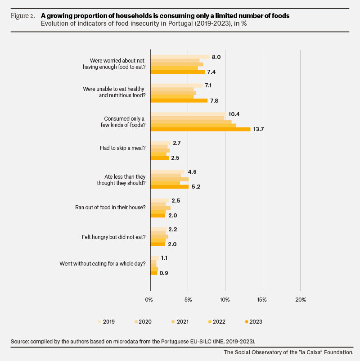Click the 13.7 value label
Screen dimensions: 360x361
point(258,129)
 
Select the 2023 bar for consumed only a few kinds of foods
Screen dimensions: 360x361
point(201,129)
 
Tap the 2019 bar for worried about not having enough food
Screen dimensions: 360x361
point(180,57)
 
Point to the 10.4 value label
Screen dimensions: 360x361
point(234,114)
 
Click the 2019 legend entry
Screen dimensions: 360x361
point(106,322)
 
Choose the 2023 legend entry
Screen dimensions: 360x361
point(254,322)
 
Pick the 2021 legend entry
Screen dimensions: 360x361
point(180,322)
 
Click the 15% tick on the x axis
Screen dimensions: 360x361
point(262,300)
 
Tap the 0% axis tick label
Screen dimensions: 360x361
point(149,300)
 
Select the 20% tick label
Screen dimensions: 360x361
point(301,300)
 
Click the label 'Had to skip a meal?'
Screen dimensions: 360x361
point(123,148)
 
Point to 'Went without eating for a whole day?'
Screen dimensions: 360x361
point(103,264)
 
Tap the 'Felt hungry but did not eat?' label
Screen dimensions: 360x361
point(114,237)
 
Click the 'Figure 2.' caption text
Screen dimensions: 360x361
point(23,16)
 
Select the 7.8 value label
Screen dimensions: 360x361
point(214,101)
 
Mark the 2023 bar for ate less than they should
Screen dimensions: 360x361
point(170,187)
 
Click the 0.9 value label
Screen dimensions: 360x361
point(164,273)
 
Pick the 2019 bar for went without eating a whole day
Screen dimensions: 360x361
point(155,258)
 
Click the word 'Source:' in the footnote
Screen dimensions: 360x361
point(20,341)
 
